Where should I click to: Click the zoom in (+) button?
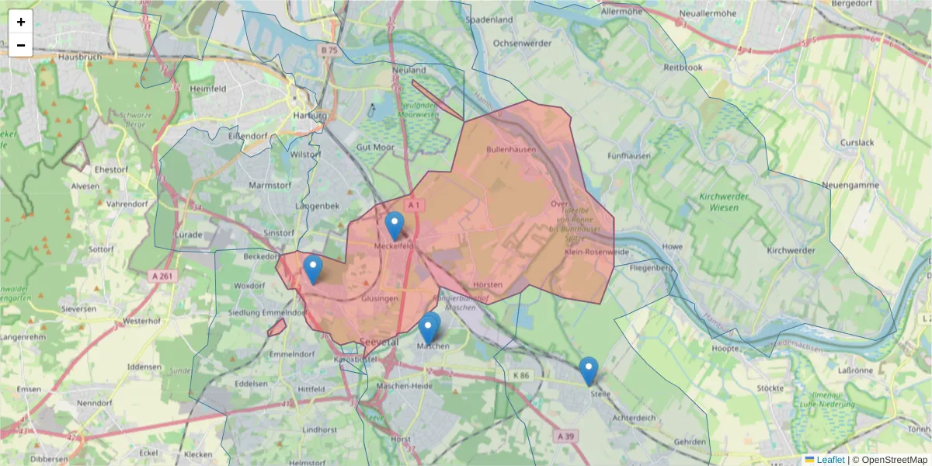pos(21,22)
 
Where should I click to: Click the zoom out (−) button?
pos(21,45)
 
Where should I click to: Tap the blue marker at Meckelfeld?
pos(395,226)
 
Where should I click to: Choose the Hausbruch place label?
pos(81,57)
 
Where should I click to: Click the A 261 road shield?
pos(162,275)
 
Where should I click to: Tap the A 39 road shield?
pos(566,436)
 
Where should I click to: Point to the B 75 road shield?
pos(329,50)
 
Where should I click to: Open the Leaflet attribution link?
pos(829,460)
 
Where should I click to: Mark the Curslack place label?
pos(857,143)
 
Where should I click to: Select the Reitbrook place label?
pos(683,68)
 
